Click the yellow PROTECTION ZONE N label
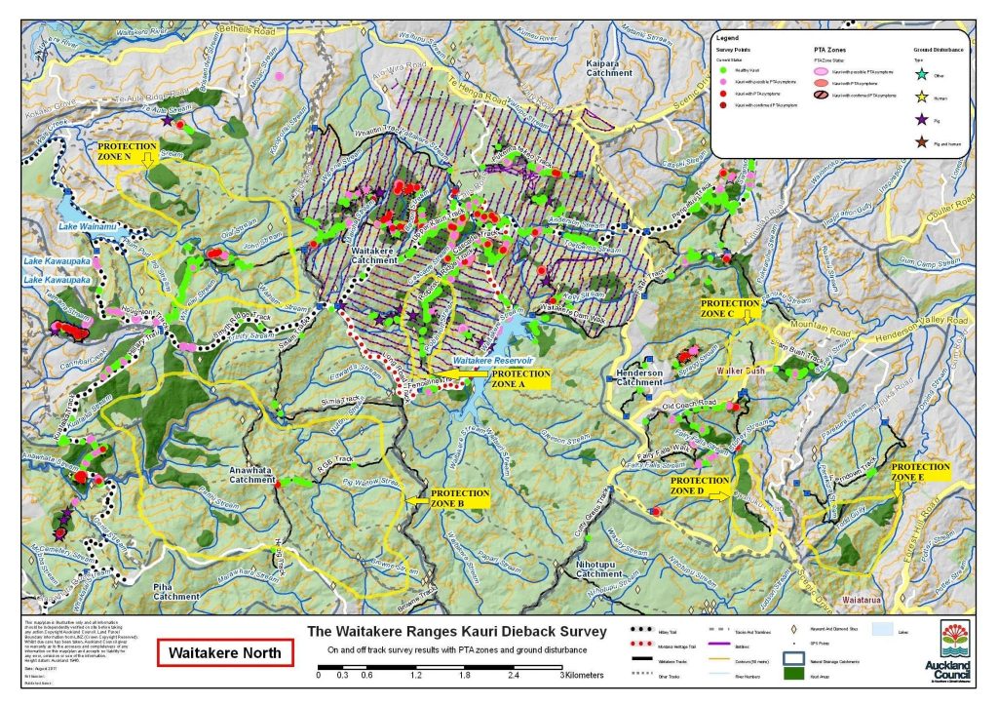(x=128, y=152)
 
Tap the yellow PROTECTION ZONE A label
(x=521, y=378)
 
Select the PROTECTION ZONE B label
(x=460, y=499)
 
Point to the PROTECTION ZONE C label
(x=730, y=309)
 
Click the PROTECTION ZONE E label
(x=921, y=472)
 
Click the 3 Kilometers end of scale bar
(x=562, y=673)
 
